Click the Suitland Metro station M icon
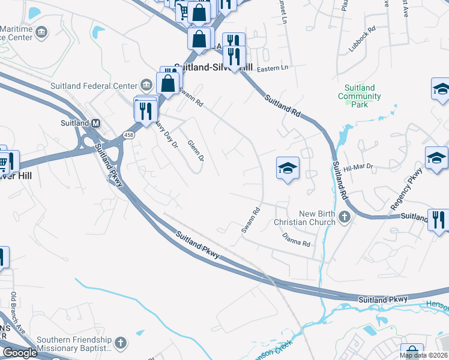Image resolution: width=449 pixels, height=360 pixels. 95,123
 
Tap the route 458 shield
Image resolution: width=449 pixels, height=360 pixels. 129,136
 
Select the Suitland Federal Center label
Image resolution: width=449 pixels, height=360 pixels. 94,84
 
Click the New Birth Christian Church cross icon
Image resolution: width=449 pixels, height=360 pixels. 345,216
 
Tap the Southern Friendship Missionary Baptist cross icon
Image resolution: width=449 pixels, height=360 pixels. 120,343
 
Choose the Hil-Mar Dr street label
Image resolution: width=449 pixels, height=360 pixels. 358,167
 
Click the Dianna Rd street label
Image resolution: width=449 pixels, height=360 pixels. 297,240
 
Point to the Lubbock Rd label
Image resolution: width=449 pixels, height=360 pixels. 363,38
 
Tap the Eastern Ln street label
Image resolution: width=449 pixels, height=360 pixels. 273,68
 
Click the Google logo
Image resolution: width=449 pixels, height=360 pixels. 20,353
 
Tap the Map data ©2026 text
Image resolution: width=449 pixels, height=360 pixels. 423,355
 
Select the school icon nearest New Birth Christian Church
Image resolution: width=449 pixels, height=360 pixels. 288,169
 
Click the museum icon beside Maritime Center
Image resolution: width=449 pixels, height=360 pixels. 42,32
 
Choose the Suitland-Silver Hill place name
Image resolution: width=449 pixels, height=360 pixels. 212,68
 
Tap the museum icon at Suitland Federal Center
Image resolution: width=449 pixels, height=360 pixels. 145,83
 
